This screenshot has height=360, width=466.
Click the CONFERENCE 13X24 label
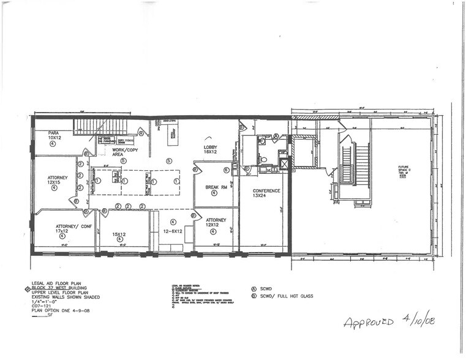266,193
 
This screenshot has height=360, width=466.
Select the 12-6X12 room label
173,231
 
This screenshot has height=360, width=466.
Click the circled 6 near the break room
226,170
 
